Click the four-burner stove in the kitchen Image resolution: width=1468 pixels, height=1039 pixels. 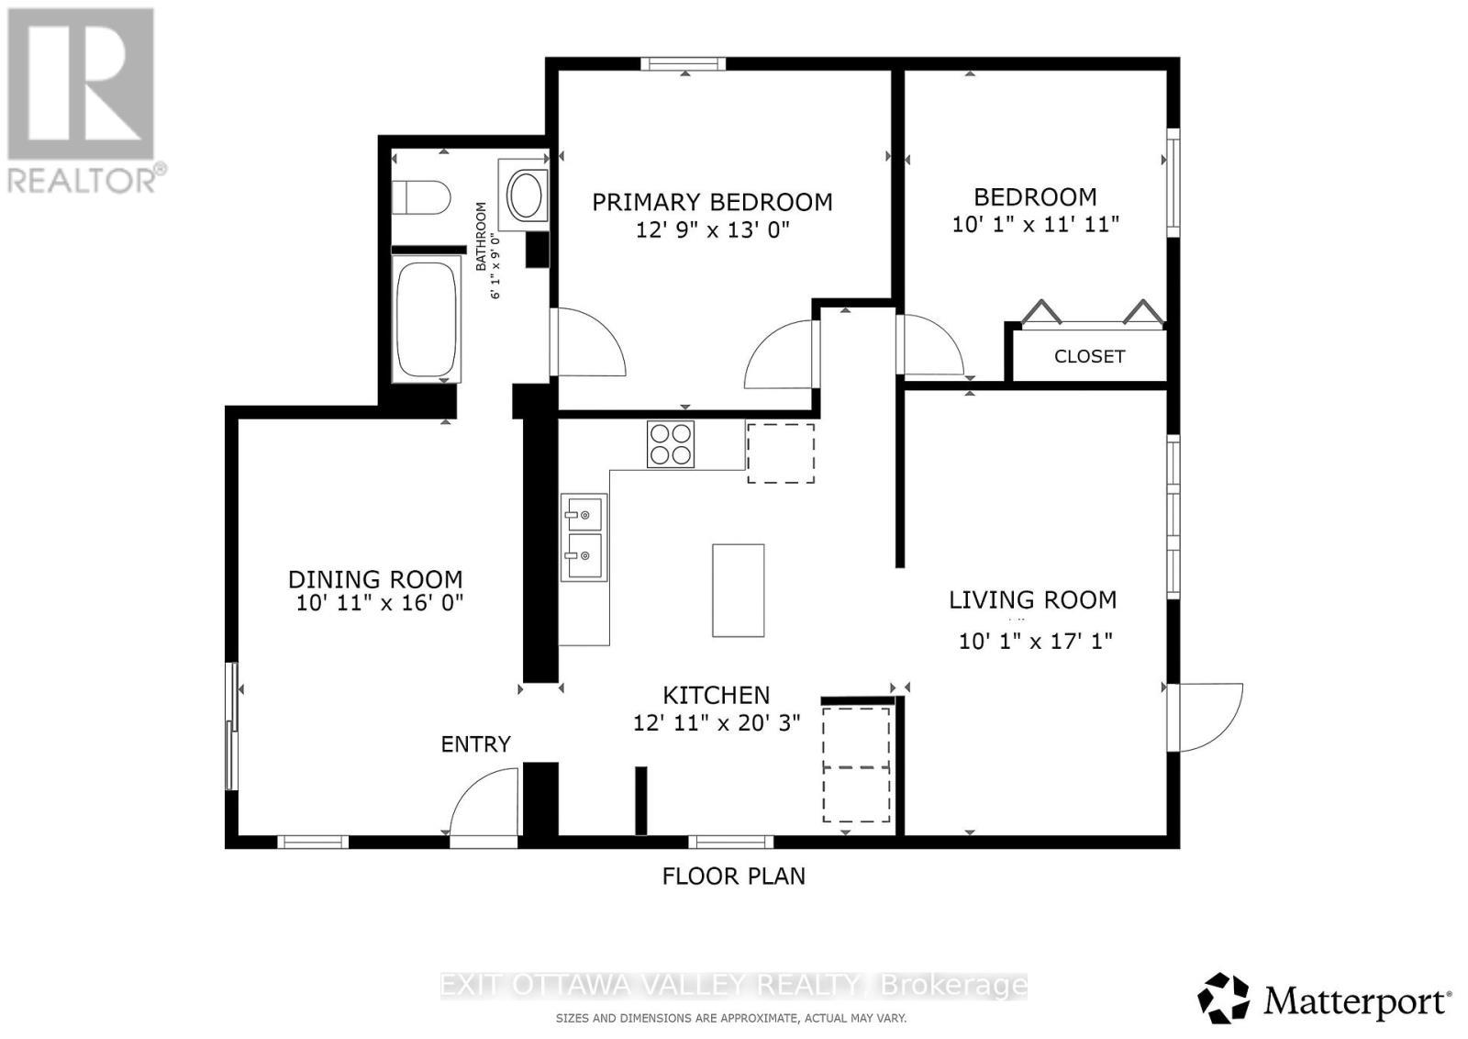[x=670, y=444]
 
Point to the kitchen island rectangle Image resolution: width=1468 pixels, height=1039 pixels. [x=738, y=590]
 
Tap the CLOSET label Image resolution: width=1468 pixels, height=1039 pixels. [x=1089, y=356]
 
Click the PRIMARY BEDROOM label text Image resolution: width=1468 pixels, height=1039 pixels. [x=712, y=202]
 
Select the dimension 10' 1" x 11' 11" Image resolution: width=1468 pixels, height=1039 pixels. [x=1035, y=223]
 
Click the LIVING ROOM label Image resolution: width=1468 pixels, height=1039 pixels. [x=1032, y=600]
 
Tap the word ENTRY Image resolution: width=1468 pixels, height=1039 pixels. [x=475, y=744]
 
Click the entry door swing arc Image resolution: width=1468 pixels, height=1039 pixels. [x=481, y=800]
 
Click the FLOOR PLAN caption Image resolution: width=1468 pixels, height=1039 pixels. [x=733, y=876]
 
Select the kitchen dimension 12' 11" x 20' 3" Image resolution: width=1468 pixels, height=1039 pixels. [x=717, y=723]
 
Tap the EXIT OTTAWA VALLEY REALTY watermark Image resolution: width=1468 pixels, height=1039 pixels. [x=733, y=986]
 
